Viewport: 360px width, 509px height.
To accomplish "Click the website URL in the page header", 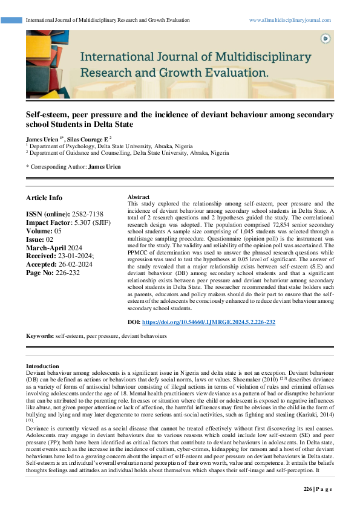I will click(x=290, y=20).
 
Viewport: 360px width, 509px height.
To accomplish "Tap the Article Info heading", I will click(x=44, y=198).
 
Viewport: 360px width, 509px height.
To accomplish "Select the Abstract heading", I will click(x=139, y=197).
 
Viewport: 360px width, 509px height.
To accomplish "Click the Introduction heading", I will click(x=42, y=366).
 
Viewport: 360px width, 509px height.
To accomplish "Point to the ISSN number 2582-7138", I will click(x=87, y=215).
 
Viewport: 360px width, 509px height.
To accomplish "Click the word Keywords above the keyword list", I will click(x=39, y=335).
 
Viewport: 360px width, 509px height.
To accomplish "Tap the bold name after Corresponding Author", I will click(x=104, y=166).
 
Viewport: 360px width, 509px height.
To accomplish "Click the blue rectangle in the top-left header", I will click(x=12, y=20).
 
